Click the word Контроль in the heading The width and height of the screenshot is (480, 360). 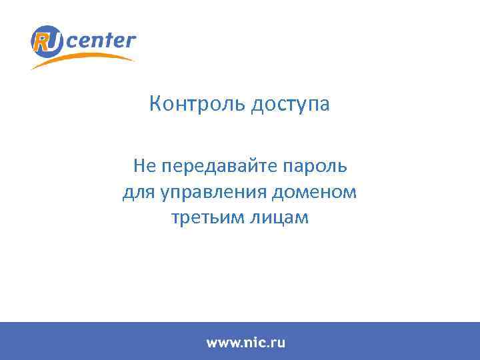[x=197, y=105]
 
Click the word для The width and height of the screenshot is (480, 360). [x=138, y=193]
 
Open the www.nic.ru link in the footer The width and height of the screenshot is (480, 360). [x=245, y=343]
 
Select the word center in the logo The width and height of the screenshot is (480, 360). [x=102, y=41]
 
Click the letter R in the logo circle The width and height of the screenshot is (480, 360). [x=42, y=42]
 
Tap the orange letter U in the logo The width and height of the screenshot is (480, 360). [x=54, y=42]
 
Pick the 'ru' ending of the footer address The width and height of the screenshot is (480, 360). [x=279, y=343]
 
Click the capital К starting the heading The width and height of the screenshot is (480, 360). [x=155, y=104]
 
